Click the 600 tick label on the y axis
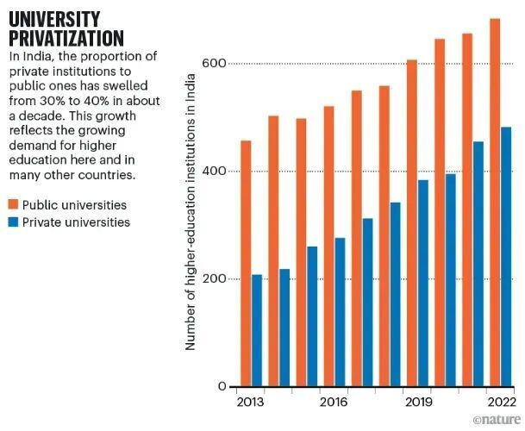tap(213, 64)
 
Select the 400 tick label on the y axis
tap(213, 172)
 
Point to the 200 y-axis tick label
tap(213, 279)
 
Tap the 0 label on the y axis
tap(222, 387)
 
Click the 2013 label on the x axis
tap(251, 403)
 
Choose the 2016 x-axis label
tap(334, 403)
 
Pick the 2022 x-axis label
tap(500, 403)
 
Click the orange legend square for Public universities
tap(14, 205)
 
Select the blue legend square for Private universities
tap(14, 222)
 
